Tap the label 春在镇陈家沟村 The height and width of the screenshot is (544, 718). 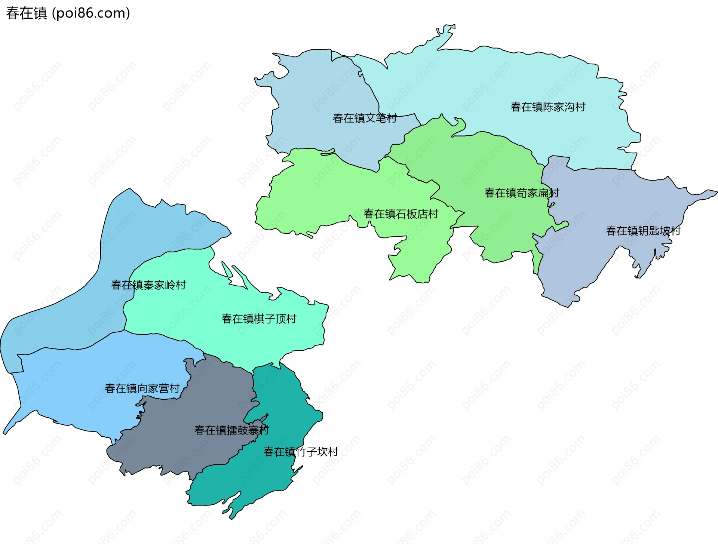[548, 107]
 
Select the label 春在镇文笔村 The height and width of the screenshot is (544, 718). [365, 118]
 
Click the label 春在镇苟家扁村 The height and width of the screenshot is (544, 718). [521, 193]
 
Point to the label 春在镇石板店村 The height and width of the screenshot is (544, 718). [401, 214]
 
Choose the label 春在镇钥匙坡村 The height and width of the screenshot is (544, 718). [643, 231]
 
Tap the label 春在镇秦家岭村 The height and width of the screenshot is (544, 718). [148, 285]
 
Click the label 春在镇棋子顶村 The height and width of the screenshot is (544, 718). [259, 319]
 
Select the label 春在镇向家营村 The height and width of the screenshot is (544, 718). [142, 388]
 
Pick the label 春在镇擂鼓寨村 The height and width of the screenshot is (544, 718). [231, 430]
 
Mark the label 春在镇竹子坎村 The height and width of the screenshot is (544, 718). [301, 452]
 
